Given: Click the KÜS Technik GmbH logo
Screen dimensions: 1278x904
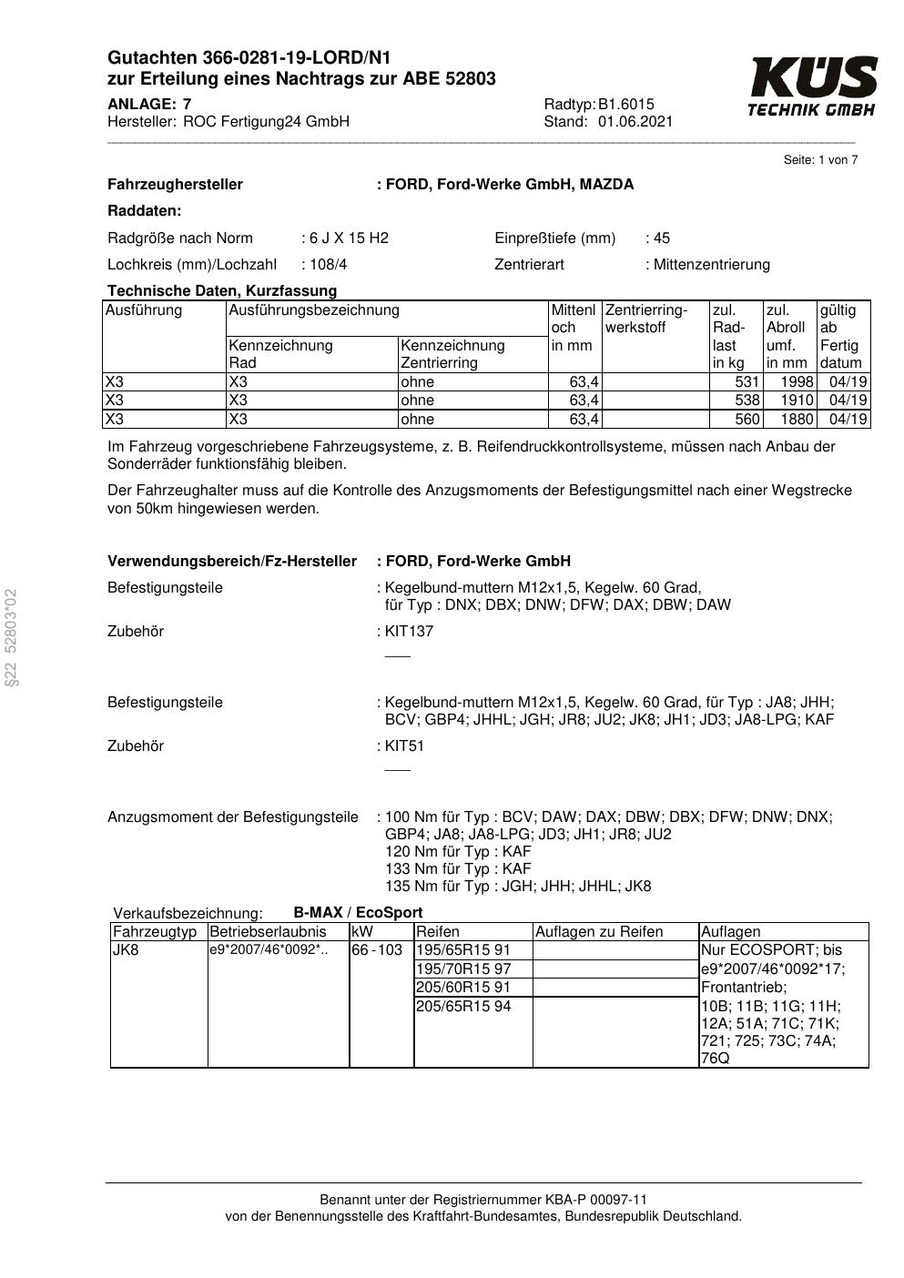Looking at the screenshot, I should (x=812, y=86).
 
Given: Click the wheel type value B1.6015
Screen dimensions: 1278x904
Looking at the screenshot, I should (x=626, y=104).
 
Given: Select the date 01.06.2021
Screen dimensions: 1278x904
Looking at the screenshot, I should (x=635, y=121).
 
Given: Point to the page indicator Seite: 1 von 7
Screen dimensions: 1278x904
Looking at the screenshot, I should (x=820, y=160).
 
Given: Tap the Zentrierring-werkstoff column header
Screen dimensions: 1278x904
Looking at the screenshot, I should (x=646, y=319).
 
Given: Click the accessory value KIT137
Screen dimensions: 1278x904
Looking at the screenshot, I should (x=409, y=632).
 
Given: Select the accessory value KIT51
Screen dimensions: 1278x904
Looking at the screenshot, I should (x=404, y=746).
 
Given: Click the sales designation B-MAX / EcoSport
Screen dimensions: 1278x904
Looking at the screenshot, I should (x=358, y=913).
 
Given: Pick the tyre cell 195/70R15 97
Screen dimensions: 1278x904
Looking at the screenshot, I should (x=463, y=969).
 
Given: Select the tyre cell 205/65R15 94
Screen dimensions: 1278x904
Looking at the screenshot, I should (x=463, y=1007).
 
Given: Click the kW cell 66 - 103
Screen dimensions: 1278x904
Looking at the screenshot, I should (x=377, y=950).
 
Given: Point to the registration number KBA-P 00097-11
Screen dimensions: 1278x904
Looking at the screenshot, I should (x=596, y=1200).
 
